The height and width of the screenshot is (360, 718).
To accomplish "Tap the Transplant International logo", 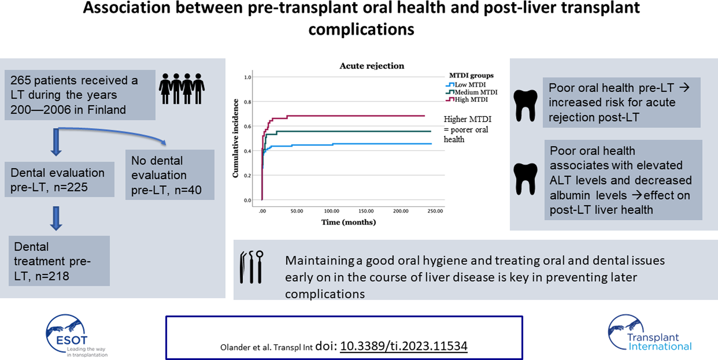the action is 650,332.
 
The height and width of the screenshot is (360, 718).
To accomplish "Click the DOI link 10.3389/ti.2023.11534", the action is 404,346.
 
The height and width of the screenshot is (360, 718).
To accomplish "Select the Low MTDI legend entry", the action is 466,85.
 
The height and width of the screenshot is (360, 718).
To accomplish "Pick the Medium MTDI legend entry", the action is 472,92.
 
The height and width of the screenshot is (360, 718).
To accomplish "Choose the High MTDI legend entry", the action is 467,99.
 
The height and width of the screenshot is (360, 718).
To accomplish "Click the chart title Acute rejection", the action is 372,66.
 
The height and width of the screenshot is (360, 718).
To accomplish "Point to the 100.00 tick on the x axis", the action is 331,211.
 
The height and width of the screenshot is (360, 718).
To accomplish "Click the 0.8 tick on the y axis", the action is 247,102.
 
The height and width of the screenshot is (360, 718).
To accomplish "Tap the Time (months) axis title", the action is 348,222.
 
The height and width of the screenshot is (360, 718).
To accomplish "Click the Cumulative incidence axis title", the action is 235,138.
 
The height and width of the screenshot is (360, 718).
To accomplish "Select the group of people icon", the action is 182,89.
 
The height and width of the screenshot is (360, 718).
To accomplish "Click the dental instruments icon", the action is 251,267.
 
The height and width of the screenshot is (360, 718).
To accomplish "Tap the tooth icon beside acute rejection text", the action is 525,105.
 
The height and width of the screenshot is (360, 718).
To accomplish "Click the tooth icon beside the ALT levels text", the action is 525,179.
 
